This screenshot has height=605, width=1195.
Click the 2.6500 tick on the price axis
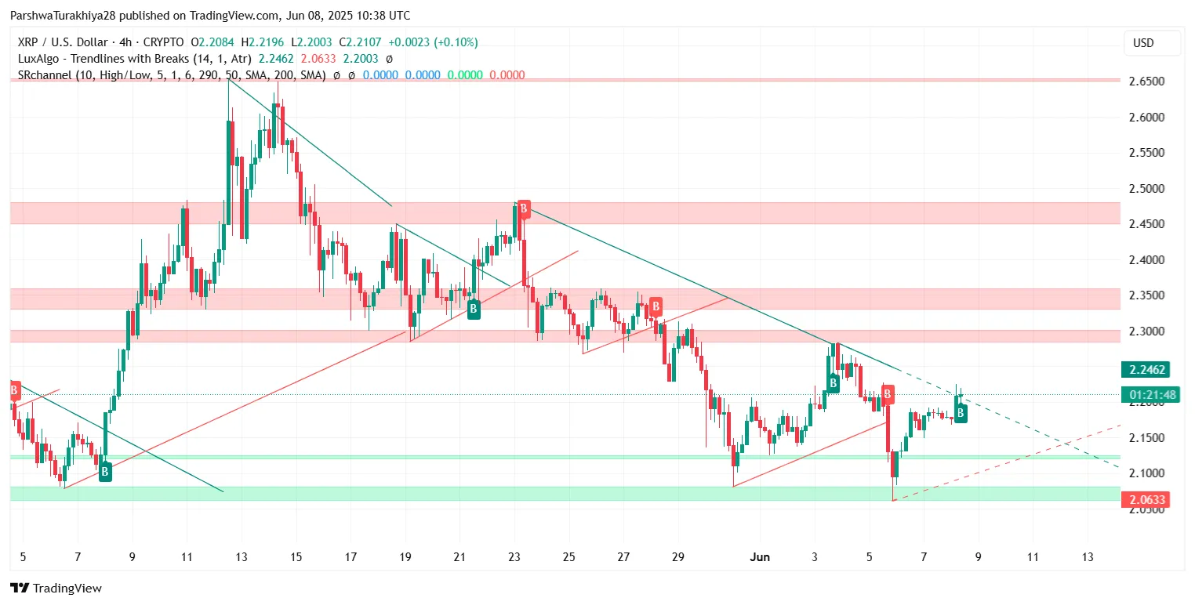tap(1146, 82)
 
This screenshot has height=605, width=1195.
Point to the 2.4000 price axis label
tap(1146, 259)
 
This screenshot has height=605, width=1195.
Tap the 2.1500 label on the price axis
tap(1146, 437)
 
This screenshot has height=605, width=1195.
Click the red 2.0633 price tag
tap(1146, 499)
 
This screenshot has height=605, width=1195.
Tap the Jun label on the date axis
tap(759, 557)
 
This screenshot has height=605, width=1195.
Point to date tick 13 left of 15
tap(241, 557)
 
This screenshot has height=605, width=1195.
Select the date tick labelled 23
tap(514, 557)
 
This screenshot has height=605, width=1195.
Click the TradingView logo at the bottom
tap(56, 588)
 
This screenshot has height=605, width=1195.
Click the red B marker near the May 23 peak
tap(524, 209)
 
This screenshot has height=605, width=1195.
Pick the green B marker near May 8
tap(105, 472)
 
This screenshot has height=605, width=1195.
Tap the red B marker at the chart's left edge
tap(14, 389)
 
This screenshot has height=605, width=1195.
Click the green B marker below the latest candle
tap(961, 413)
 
